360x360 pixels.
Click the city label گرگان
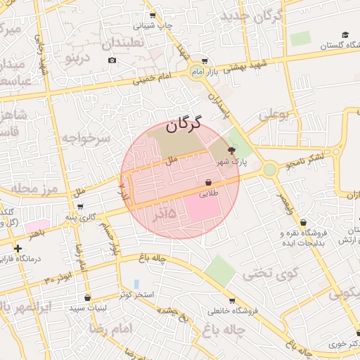click(x=184, y=125)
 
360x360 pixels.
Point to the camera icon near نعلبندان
click(x=112, y=60)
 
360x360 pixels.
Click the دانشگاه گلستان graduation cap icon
click(x=345, y=34)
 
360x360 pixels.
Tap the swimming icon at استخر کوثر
click(x=136, y=283)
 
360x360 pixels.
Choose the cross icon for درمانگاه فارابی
click(x=18, y=248)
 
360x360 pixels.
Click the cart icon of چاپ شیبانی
click(x=152, y=15)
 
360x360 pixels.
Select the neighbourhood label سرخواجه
click(x=85, y=138)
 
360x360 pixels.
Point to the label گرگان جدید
click(x=251, y=15)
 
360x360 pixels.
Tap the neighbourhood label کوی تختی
click(x=271, y=273)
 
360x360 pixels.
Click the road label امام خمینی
click(x=150, y=79)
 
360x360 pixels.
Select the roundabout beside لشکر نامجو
click(x=269, y=169)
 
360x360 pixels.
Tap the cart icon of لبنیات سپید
click(x=87, y=297)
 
